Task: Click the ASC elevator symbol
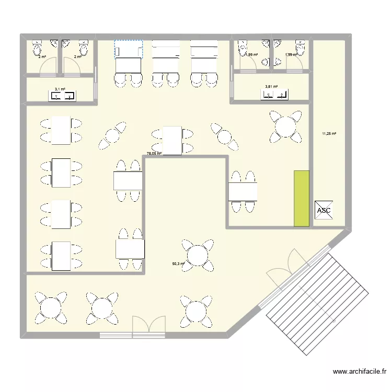pos(324,211)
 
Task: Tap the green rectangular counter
pos(302,198)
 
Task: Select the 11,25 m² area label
pos(329,134)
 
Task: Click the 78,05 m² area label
pos(154,154)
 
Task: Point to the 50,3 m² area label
pos(179,264)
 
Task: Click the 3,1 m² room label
pos(60,89)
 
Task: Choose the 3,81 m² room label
pos(271,87)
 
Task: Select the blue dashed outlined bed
pos(129,50)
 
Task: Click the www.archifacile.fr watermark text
pos(360,372)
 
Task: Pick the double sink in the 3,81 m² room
pos(275,95)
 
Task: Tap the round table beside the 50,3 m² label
pos(198,255)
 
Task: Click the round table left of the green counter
pos(285,126)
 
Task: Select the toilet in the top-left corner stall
pos(37,48)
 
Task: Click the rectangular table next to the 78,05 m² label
pos(172,140)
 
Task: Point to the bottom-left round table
pos(51,307)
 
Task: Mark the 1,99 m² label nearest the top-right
pos(291,54)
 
